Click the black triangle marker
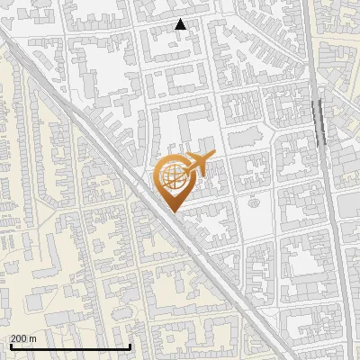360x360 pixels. [x=181, y=24]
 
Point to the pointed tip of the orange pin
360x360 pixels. [x=174, y=211]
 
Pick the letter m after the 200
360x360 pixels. [x=32, y=338]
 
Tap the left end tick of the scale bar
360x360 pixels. [x=10, y=346]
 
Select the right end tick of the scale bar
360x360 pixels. [x=130, y=346]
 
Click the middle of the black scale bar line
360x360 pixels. [x=70, y=346]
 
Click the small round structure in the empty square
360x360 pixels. [x=253, y=202]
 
